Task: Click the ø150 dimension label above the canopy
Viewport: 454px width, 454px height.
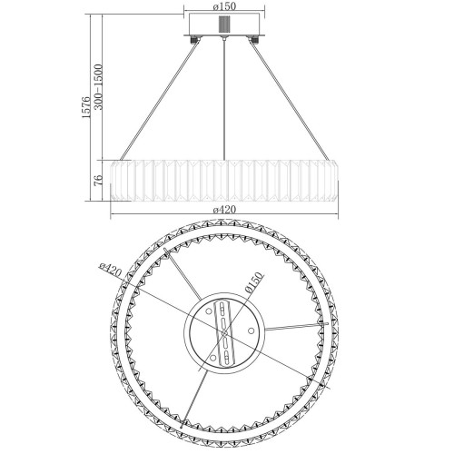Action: (x=224, y=6)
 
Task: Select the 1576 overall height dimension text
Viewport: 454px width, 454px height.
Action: (x=86, y=107)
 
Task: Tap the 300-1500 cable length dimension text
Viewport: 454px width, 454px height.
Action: (x=98, y=86)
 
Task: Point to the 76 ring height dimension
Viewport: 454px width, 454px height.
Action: (x=98, y=181)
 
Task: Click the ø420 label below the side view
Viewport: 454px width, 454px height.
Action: (x=224, y=210)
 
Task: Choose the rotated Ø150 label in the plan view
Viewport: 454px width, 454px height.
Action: (x=253, y=282)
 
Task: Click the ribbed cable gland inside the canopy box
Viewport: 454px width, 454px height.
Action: (x=224, y=24)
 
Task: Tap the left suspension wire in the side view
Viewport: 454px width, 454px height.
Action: (x=160, y=100)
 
